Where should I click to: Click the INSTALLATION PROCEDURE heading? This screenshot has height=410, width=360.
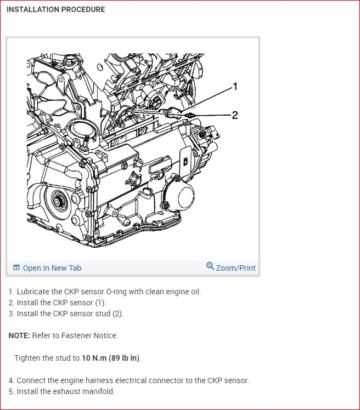point(55,10)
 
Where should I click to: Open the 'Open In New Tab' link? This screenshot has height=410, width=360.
point(52,268)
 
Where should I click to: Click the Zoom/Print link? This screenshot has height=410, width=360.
point(235,268)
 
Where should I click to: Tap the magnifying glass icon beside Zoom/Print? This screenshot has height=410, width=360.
point(210,266)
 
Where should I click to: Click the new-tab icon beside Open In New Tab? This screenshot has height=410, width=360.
point(16,267)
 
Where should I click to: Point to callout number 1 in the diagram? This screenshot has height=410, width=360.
point(235,86)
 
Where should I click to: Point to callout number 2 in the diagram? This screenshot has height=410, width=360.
point(235,115)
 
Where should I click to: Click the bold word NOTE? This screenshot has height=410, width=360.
point(19,335)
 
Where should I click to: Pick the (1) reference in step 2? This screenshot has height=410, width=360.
point(100,303)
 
